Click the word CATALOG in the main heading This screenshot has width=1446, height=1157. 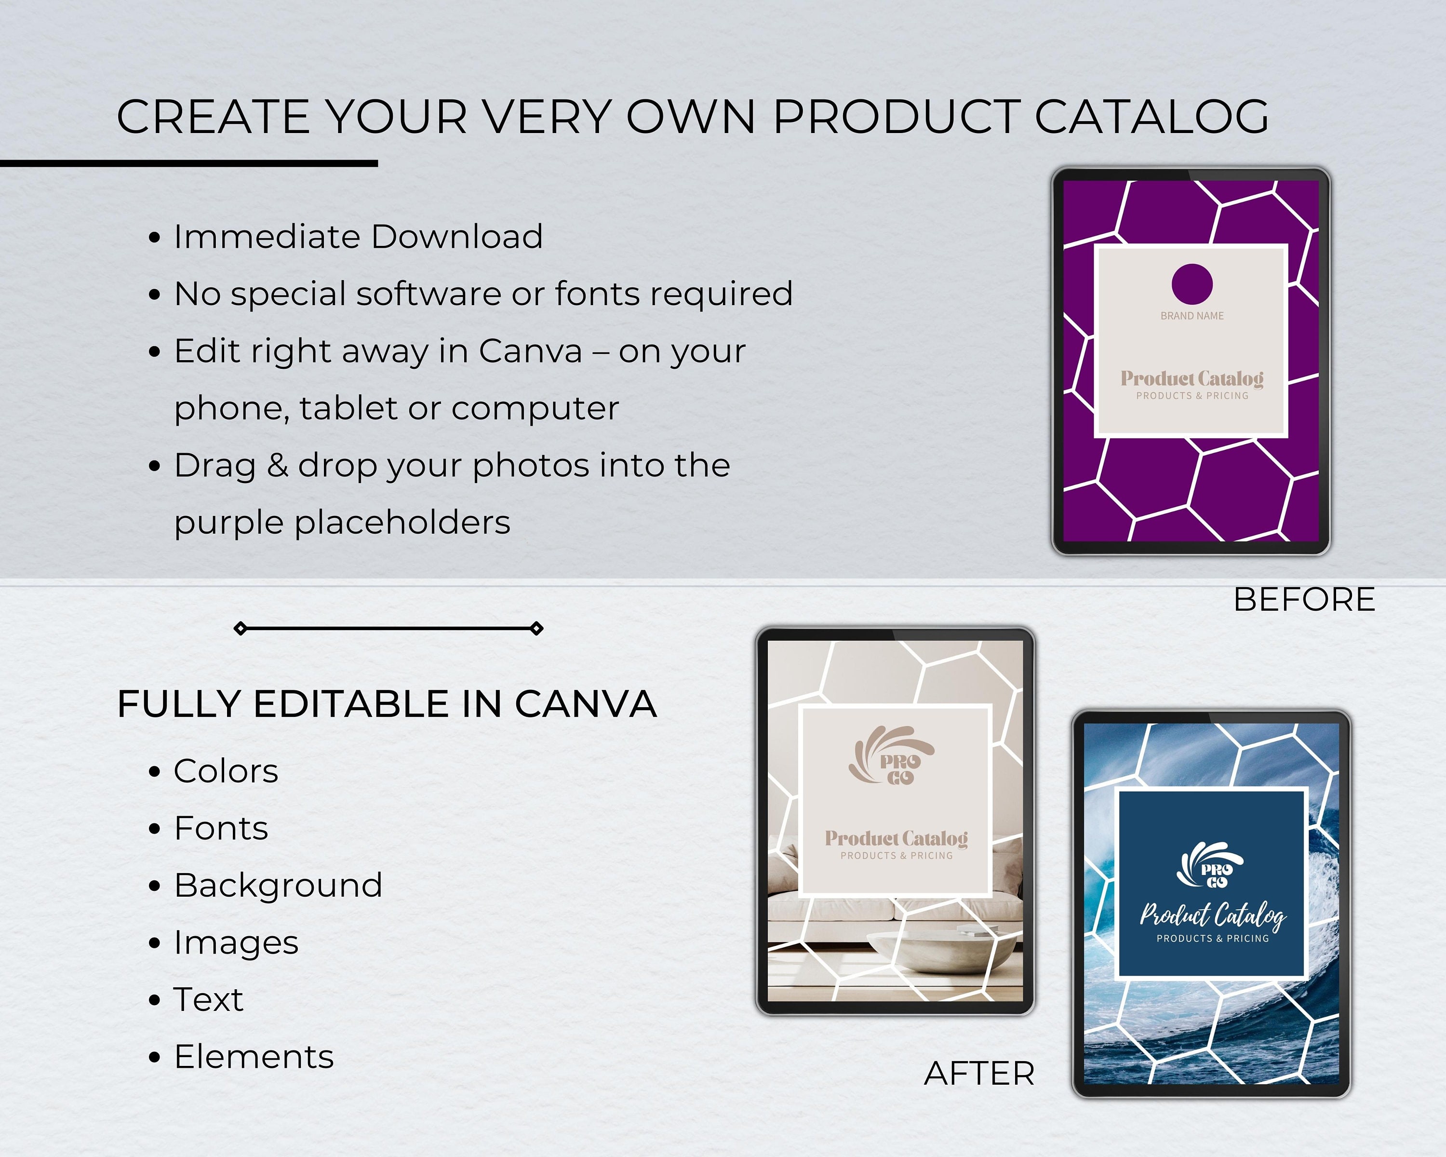tap(1151, 117)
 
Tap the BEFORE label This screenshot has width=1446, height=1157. tap(1304, 600)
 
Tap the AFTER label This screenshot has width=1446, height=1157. tap(979, 1074)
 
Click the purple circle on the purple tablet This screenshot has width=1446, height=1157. tap(1192, 284)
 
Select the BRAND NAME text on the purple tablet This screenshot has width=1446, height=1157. tap(1192, 316)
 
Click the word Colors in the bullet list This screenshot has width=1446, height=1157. tap(226, 771)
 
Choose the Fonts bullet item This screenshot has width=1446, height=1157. tap(221, 828)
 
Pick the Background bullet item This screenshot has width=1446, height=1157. tap(278, 886)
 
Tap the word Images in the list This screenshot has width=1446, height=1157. tap(236, 943)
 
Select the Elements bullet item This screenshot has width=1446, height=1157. tap(254, 1057)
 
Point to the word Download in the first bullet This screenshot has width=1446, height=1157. tap(457, 237)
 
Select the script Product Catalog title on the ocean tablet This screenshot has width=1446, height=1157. tap(1213, 915)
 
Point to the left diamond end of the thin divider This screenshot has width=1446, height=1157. tap(240, 629)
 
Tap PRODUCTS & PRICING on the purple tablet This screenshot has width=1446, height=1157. tap(1192, 396)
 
